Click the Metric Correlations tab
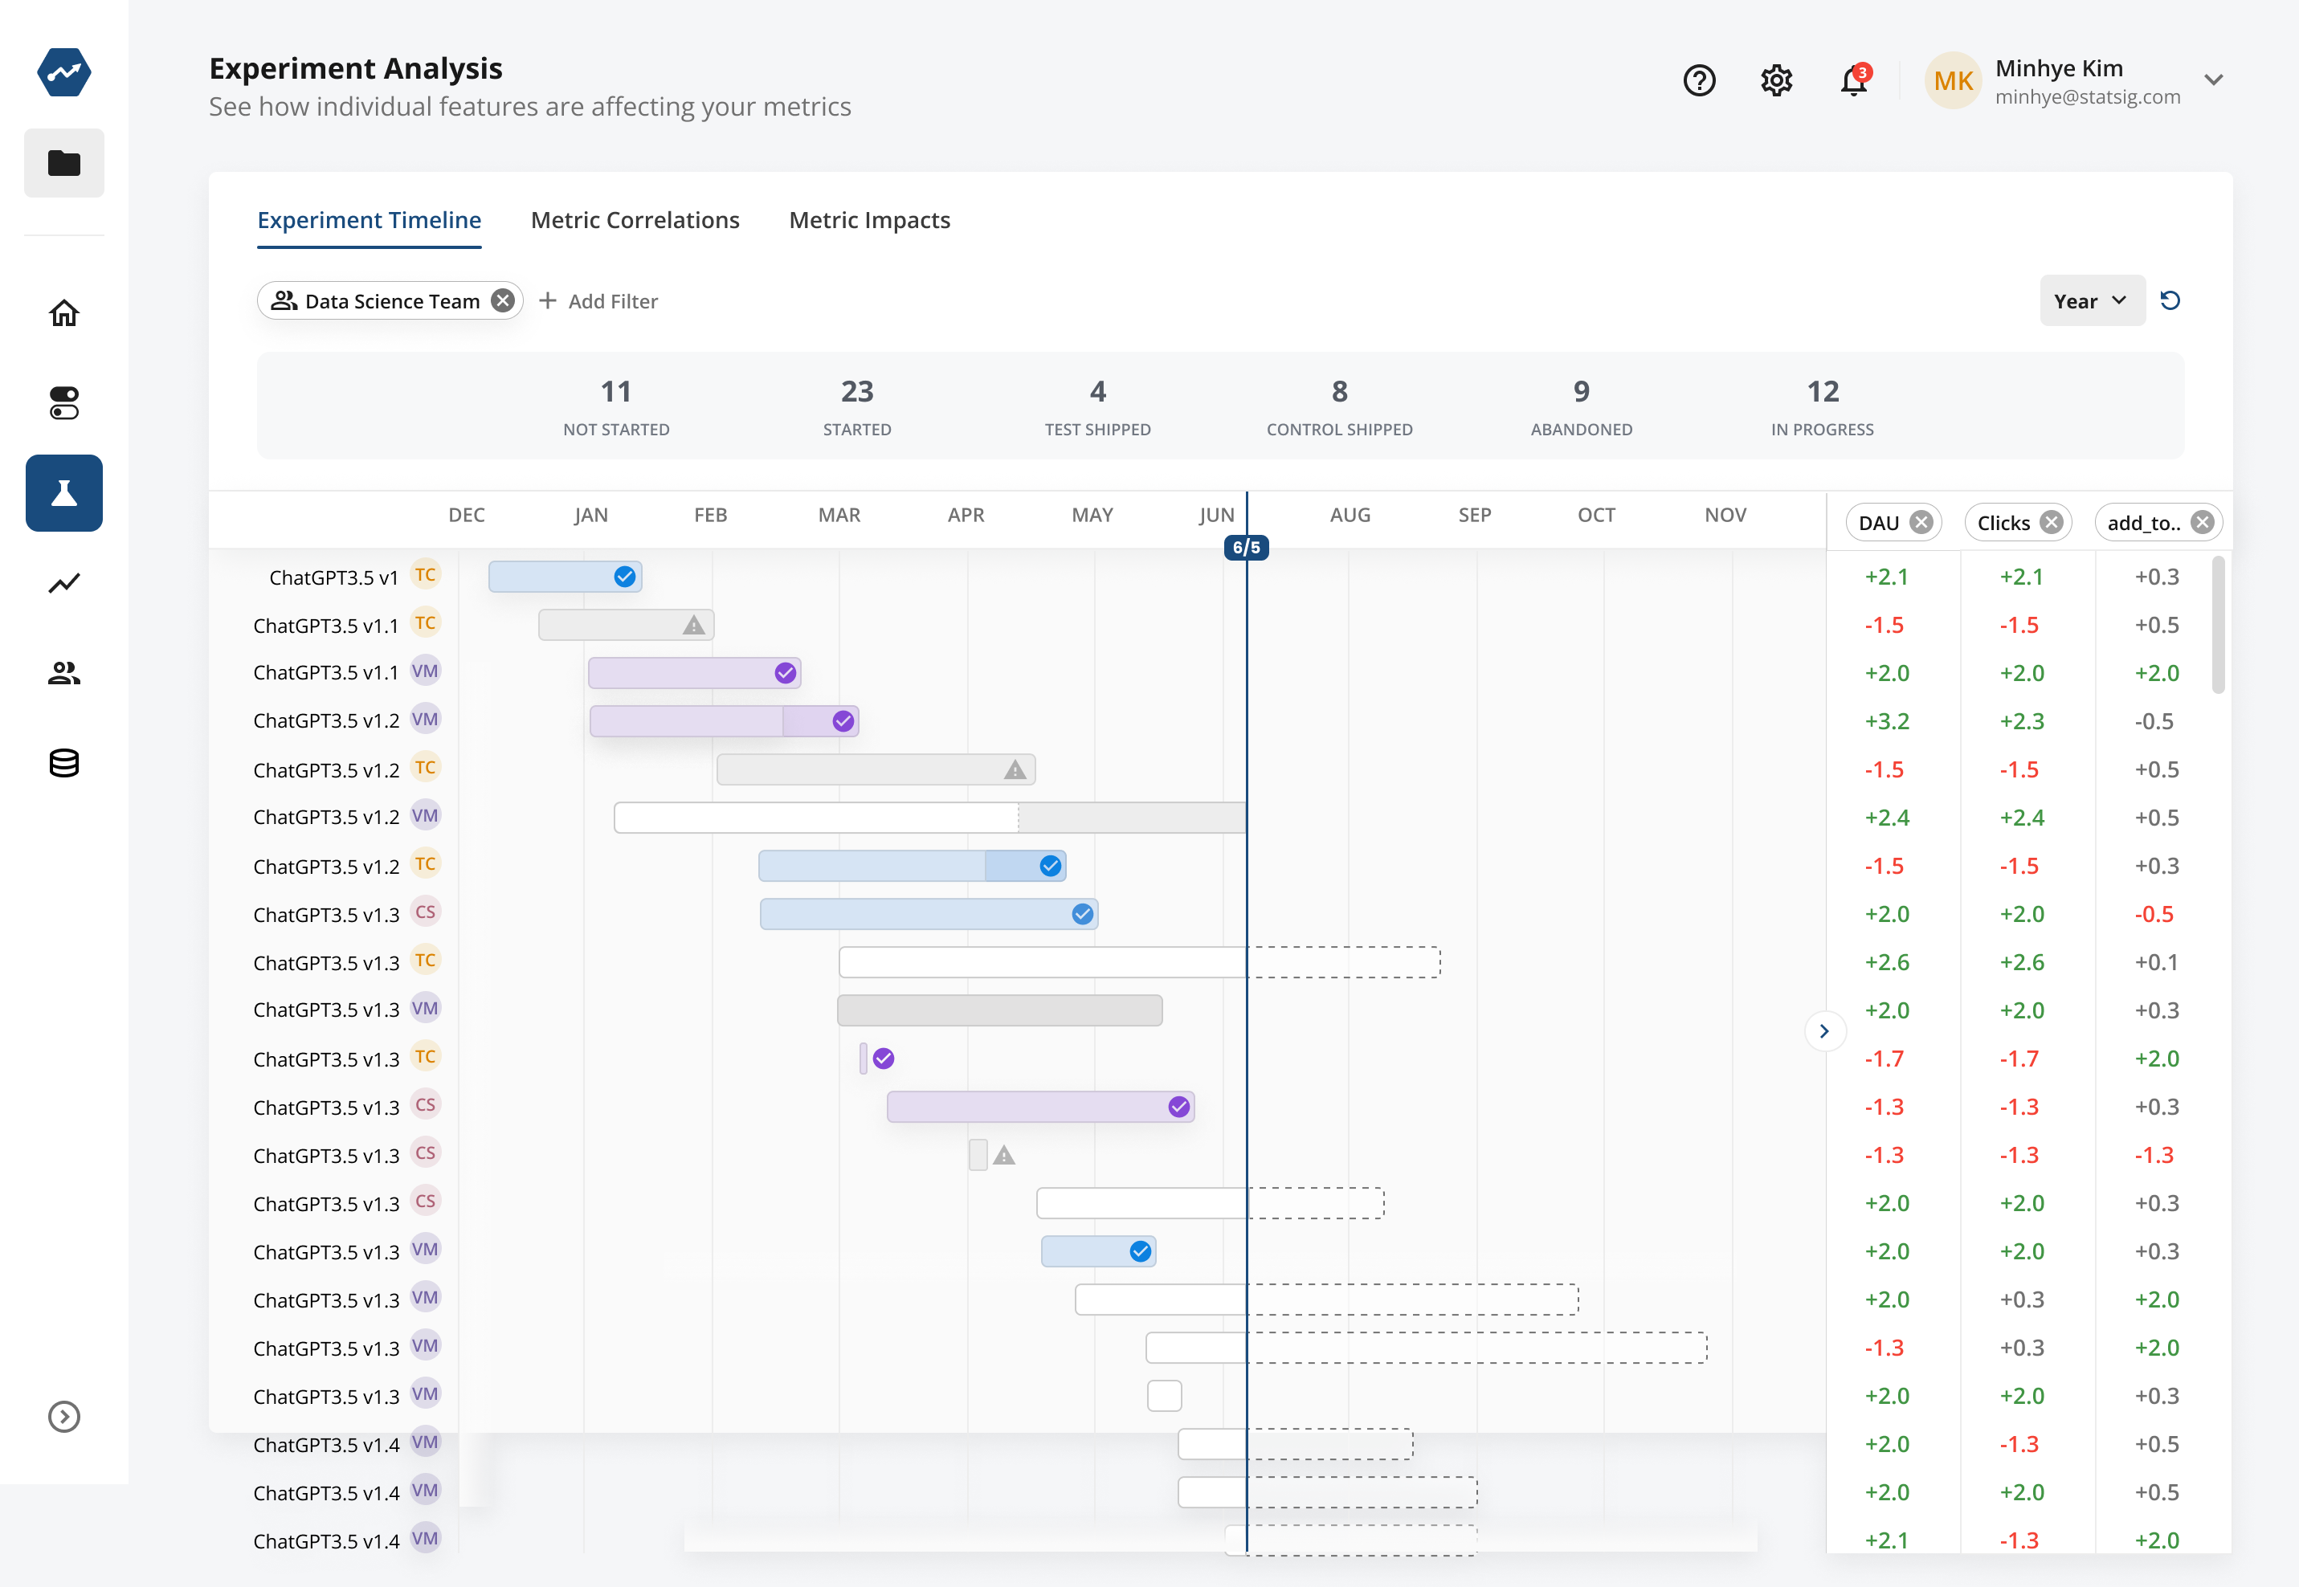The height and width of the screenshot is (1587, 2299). click(x=635, y=220)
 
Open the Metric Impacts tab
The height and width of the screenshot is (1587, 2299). click(x=869, y=220)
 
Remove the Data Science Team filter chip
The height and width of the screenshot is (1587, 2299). click(x=503, y=300)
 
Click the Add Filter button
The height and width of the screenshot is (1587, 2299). click(x=598, y=300)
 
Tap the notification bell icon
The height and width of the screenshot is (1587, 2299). click(x=1853, y=80)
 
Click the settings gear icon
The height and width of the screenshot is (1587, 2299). click(x=1776, y=80)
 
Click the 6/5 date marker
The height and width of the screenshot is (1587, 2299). click(x=1246, y=547)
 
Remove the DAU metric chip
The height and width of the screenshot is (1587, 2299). click(x=1921, y=522)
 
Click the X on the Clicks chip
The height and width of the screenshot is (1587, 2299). click(x=2051, y=522)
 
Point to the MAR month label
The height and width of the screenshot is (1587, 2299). click(x=839, y=515)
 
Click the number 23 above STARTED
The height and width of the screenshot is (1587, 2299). click(x=856, y=392)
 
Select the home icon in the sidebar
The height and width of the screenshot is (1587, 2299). click(x=63, y=313)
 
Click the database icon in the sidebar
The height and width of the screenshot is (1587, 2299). click(x=63, y=763)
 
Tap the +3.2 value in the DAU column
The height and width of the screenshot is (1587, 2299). click(x=1886, y=721)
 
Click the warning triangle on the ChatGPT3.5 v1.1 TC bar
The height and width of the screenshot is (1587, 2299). click(x=693, y=626)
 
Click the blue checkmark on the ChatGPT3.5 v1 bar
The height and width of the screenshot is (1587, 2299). click(x=624, y=577)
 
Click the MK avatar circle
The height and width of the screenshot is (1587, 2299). click(x=1952, y=80)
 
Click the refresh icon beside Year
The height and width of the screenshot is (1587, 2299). click(x=2170, y=300)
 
